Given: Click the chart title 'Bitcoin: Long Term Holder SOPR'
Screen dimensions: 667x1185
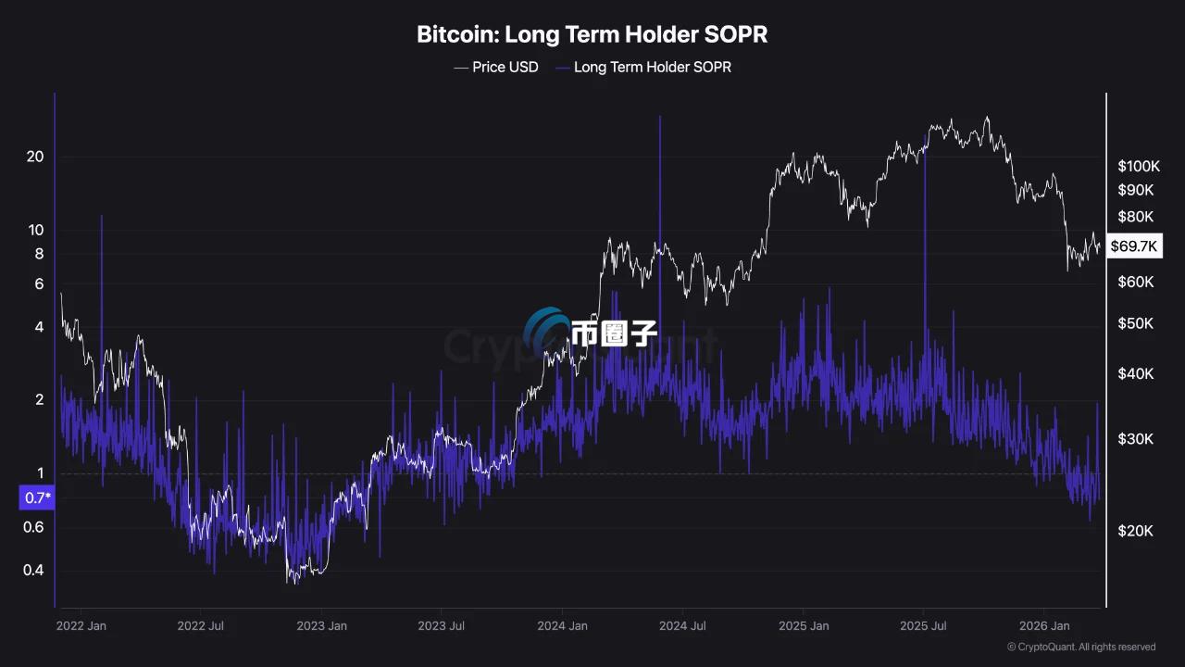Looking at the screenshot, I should [x=592, y=35].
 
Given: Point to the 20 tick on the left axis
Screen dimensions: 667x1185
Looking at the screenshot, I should [x=35, y=157].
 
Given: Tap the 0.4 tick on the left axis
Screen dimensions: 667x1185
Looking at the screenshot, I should [x=33, y=570].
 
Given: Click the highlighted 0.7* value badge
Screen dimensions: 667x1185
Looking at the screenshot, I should [x=37, y=498].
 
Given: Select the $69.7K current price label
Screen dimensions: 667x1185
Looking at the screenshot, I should [x=1134, y=245].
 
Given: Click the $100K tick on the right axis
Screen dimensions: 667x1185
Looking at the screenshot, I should [x=1138, y=167].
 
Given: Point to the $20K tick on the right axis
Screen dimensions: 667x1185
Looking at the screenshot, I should [x=1134, y=531].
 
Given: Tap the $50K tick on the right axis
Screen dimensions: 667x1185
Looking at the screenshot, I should [x=1134, y=323].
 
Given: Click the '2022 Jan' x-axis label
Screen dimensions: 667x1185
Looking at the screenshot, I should [x=81, y=626].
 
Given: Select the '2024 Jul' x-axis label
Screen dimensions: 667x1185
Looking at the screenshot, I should [x=682, y=626].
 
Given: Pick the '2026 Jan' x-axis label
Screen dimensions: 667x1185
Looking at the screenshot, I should [x=1043, y=626].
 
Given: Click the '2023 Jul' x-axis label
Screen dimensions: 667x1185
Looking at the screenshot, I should [x=442, y=626].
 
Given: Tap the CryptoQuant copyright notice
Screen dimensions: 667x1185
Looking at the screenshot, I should [x=1080, y=647].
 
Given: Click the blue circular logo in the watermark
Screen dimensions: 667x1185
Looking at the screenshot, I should [x=546, y=331].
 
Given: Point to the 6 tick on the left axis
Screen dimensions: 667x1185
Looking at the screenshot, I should [x=39, y=283].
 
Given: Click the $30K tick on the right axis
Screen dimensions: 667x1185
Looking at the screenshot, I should [x=1134, y=438].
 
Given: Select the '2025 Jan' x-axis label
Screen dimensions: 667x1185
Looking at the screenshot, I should [x=803, y=626].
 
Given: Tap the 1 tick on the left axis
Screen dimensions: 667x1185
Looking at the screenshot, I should [x=40, y=473].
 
